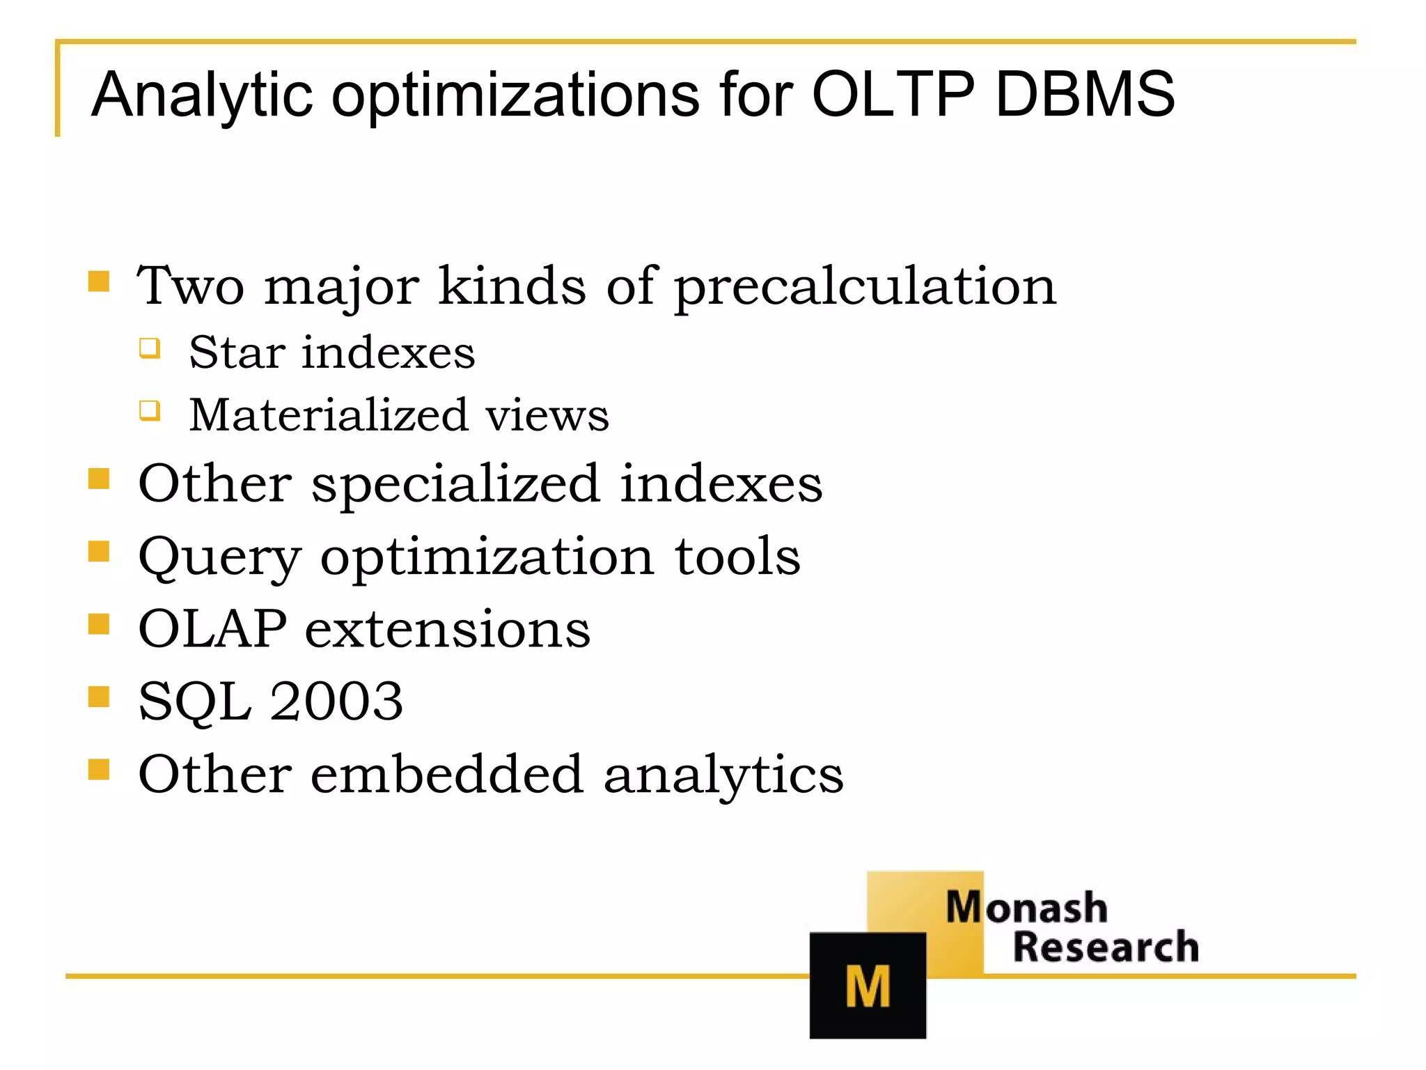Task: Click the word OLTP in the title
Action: pos(893,95)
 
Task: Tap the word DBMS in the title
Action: pos(1085,95)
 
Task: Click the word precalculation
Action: pos(865,287)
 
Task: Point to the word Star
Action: pos(236,352)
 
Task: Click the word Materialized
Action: pos(328,415)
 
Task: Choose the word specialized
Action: pos(455,483)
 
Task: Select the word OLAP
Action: pos(212,629)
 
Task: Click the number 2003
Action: pos(336,701)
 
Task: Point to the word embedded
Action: pos(446,774)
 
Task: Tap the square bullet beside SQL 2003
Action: pos(99,697)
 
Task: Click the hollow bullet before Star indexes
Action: pos(150,348)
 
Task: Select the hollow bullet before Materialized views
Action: pos(150,410)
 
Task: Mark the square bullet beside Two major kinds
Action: pos(99,281)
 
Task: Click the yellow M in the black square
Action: pos(867,986)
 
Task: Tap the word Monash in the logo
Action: pos(1026,908)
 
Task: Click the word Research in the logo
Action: pos(1105,947)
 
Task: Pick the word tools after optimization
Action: pos(737,557)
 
